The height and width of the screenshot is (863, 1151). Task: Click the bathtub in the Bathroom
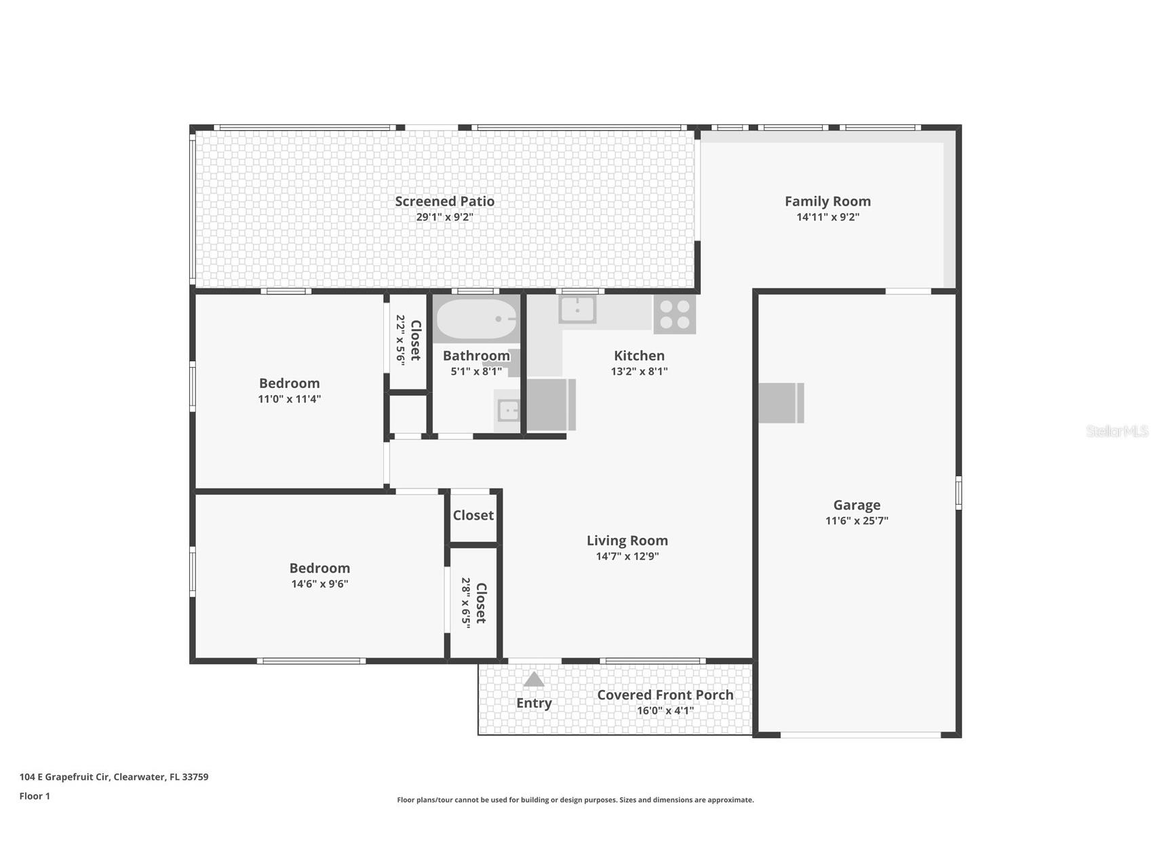(x=476, y=319)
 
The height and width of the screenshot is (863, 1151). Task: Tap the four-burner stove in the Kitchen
(x=674, y=314)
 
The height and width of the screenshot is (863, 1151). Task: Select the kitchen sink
(x=577, y=309)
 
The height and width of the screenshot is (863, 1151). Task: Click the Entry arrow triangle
(x=534, y=679)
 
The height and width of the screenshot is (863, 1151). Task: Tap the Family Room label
(x=827, y=201)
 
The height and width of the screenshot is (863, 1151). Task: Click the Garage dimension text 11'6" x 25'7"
(x=857, y=520)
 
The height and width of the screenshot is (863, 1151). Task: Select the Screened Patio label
(x=445, y=201)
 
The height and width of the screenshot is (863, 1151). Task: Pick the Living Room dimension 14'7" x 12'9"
(x=627, y=556)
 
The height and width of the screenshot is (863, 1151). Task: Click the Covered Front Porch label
(x=665, y=695)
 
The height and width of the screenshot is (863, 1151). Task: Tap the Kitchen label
(x=639, y=356)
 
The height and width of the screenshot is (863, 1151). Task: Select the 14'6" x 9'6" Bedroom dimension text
(x=320, y=583)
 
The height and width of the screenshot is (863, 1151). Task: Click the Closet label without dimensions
(x=473, y=516)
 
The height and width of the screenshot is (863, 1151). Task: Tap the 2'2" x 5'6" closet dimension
(x=400, y=340)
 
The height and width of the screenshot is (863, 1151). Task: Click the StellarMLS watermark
(x=1117, y=431)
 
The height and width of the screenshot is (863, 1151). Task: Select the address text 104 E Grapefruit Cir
(x=64, y=777)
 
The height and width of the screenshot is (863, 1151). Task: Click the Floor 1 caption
(x=35, y=796)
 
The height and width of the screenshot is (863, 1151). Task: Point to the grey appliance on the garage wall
(x=781, y=403)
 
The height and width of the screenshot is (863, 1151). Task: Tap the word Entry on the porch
(x=534, y=703)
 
